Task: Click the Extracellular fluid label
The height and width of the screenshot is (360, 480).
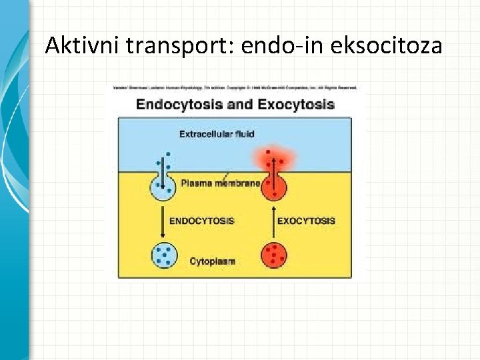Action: point(216,135)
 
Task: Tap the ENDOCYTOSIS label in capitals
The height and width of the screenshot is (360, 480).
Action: point(202,221)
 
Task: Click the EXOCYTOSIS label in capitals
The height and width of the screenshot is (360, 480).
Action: point(305,221)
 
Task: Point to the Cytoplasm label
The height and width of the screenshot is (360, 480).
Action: point(212,261)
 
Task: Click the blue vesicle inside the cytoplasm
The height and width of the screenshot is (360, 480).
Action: point(163,255)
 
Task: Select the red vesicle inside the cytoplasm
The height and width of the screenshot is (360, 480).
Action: point(273,255)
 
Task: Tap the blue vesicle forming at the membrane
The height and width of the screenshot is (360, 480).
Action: point(163,187)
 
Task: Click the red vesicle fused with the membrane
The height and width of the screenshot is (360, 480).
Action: point(273,186)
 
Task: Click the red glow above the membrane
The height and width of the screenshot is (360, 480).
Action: point(273,159)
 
